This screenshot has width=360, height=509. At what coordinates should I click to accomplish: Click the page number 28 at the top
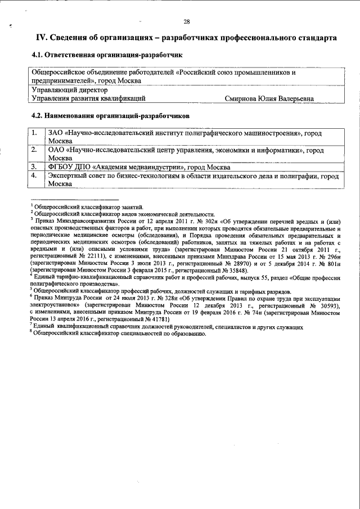coord(186,22)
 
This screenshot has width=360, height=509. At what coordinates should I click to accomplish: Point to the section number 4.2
coord(37,115)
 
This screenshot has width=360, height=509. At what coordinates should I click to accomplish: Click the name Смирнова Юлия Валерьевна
coord(269,98)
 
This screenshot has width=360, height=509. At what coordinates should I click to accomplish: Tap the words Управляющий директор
coord(69,89)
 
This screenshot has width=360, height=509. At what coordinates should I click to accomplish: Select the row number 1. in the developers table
coord(34,133)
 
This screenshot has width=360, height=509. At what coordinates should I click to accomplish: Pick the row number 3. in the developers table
coord(34,166)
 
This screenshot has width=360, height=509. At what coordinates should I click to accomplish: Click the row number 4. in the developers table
coord(34,175)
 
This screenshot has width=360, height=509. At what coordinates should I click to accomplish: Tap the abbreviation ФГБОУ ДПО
coord(68,167)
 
